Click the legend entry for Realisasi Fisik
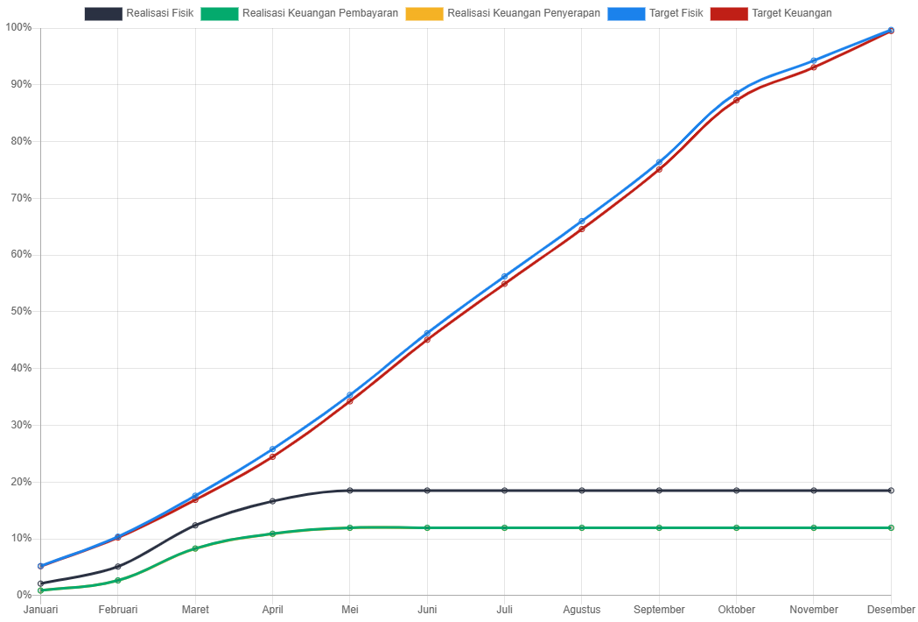click(139, 13)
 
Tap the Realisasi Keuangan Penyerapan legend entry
click(503, 13)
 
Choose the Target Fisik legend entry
click(655, 13)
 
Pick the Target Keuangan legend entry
click(772, 13)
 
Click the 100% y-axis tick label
click(18, 27)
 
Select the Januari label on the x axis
click(41, 609)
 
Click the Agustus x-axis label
click(582, 609)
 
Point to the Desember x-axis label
click(891, 609)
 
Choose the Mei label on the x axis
click(350, 609)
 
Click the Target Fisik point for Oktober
click(736, 93)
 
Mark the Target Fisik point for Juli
click(504, 277)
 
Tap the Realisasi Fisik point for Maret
click(195, 526)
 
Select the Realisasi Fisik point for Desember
click(891, 491)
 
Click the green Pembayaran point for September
click(659, 527)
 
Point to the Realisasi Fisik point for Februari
click(118, 567)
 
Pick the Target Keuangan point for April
click(272, 456)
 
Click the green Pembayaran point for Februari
click(118, 581)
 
